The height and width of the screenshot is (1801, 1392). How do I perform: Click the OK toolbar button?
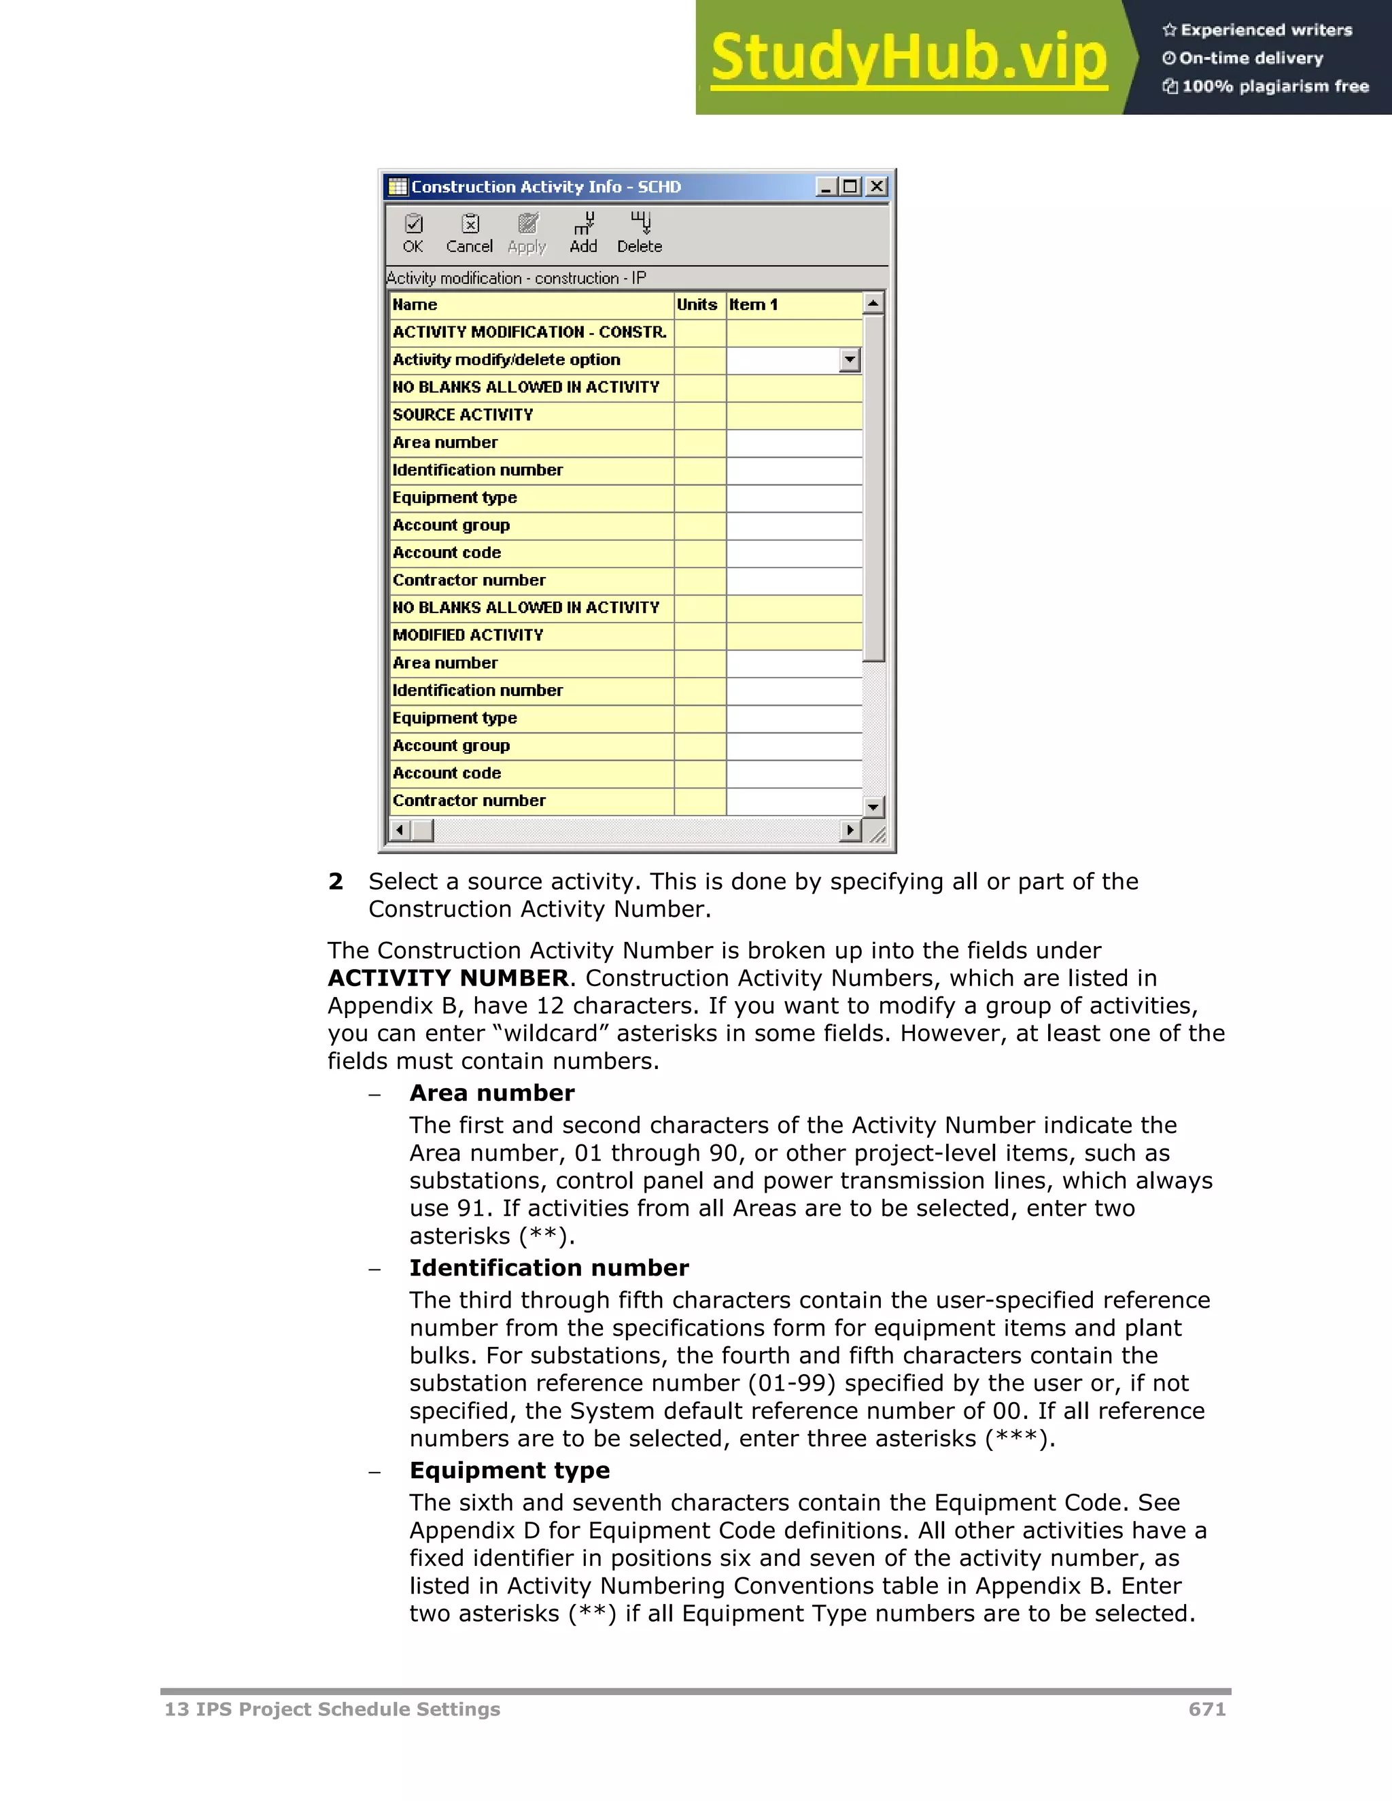(x=413, y=233)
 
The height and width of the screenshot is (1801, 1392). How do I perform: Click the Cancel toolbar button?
(x=469, y=233)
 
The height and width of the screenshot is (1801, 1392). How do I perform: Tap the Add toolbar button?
(x=583, y=233)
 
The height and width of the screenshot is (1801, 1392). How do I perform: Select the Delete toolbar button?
(x=639, y=233)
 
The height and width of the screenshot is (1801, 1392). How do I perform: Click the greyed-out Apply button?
(x=527, y=233)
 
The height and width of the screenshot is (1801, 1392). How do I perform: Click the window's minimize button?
(x=825, y=186)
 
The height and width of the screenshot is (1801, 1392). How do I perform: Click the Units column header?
(x=697, y=304)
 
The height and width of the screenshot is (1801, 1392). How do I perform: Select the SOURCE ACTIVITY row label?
(x=463, y=415)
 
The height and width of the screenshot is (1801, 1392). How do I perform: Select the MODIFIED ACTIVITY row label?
(x=468, y=635)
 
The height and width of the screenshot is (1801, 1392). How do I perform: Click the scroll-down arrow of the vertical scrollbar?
(x=873, y=807)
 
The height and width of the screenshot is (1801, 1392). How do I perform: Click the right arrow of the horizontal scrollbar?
(x=850, y=830)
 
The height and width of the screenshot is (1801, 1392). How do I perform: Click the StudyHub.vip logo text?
(x=909, y=58)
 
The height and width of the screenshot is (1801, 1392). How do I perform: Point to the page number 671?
(x=1206, y=1709)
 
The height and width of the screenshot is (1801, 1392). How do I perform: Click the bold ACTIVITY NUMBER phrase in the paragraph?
(x=448, y=978)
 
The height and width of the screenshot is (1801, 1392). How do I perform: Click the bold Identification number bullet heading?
(x=549, y=1267)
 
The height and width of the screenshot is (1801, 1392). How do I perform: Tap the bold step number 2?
(x=336, y=881)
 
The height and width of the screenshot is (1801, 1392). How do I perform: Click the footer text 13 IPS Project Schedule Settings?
(x=332, y=1709)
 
